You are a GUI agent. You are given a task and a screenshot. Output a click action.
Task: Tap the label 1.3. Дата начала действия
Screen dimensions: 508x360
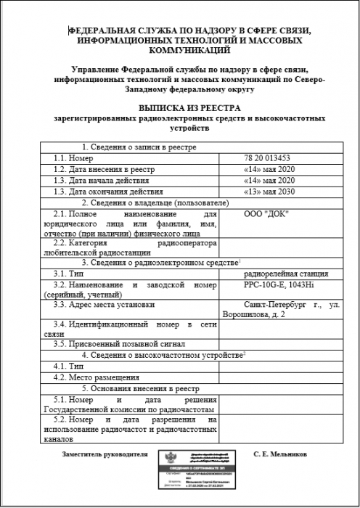coord(102,180)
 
